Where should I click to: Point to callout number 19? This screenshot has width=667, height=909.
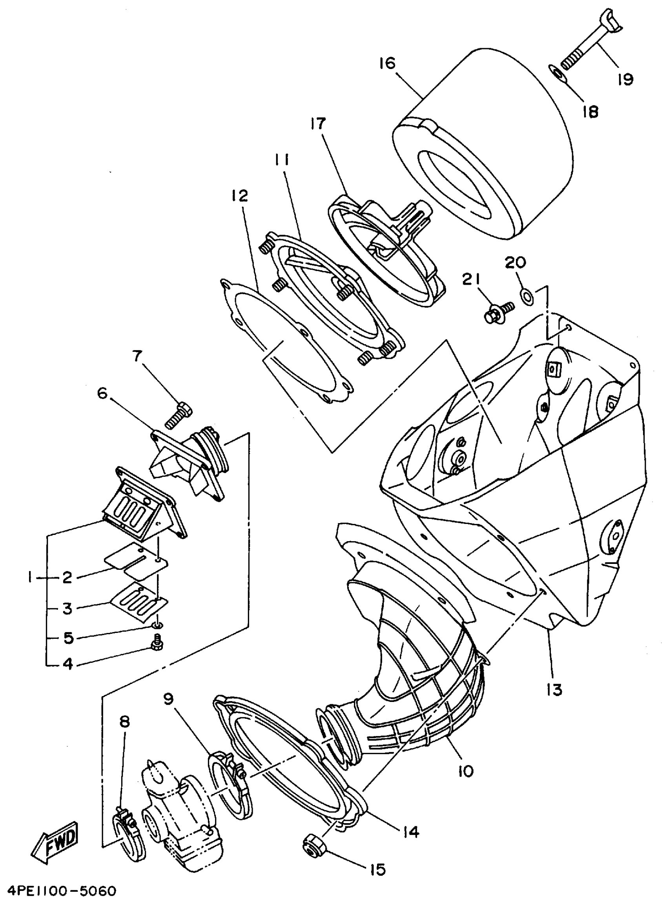click(x=625, y=79)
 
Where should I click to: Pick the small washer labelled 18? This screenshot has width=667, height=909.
click(x=558, y=75)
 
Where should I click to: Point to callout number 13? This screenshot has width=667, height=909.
click(x=555, y=689)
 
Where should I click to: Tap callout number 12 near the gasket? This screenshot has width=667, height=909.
click(x=239, y=196)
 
